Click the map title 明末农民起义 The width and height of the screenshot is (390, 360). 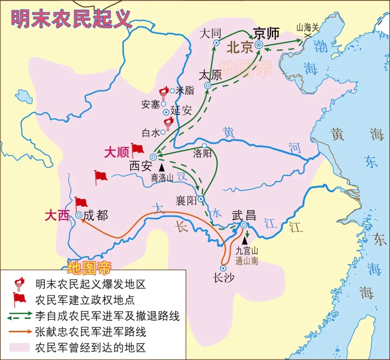(x=71, y=19)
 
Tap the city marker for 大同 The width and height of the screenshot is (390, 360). (x=216, y=43)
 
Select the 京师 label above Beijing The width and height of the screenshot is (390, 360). (x=266, y=33)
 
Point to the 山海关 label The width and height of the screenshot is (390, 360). (x=308, y=27)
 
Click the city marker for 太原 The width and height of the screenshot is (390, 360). (x=208, y=85)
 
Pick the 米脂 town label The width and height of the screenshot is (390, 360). (x=185, y=90)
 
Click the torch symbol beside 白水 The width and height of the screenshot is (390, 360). (x=168, y=123)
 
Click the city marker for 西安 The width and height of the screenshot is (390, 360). (x=153, y=157)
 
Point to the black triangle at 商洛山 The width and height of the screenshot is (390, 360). (x=161, y=167)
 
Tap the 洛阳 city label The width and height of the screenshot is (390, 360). (x=202, y=154)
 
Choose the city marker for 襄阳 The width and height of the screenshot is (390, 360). (x=201, y=199)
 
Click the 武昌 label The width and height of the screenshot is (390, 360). (x=244, y=215)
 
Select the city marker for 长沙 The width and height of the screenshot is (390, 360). (x=223, y=268)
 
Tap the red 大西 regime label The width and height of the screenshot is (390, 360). (x=57, y=216)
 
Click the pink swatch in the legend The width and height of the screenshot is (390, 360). (x=20, y=347)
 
